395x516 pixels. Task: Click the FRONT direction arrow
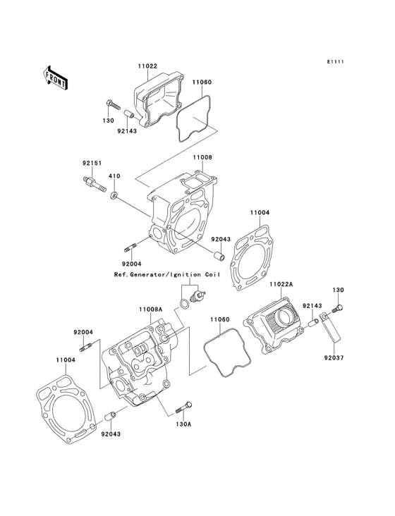click(x=56, y=78)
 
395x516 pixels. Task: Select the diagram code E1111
click(x=336, y=61)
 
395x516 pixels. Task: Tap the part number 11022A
click(x=281, y=283)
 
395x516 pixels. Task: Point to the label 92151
click(x=92, y=164)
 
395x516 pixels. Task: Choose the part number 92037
click(x=334, y=357)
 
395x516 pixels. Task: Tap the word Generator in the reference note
click(x=147, y=274)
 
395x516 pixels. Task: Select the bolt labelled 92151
click(x=94, y=184)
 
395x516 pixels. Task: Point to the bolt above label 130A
click(x=184, y=407)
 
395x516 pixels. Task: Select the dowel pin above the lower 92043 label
click(x=110, y=416)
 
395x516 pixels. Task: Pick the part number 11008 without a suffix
click(x=202, y=157)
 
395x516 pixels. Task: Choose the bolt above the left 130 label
click(x=114, y=104)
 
